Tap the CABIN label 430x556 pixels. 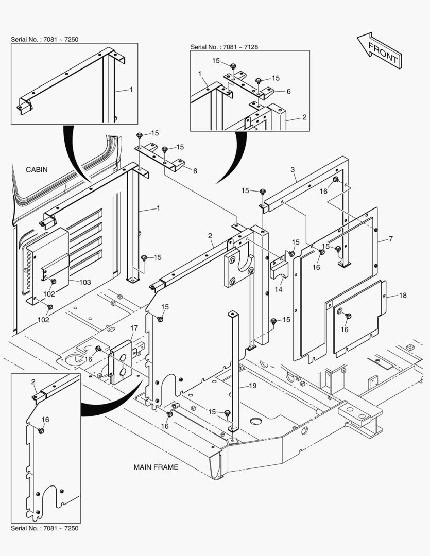(37, 169)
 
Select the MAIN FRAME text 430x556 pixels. (156, 467)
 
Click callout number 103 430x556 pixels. (85, 282)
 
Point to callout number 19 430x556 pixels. (252, 386)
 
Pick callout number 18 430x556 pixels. (403, 296)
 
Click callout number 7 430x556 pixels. (390, 239)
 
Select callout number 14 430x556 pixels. (279, 290)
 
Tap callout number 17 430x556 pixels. (134, 328)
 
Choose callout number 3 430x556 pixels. (293, 169)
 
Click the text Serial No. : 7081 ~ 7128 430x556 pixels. (225, 47)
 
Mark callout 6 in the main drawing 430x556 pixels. (195, 171)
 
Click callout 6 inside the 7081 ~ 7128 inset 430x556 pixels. (288, 91)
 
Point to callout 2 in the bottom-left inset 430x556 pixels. (33, 381)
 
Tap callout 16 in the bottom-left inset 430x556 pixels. (45, 420)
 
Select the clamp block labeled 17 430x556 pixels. (122, 360)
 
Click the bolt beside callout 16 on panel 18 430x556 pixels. (348, 316)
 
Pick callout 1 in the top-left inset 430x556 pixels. (131, 90)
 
